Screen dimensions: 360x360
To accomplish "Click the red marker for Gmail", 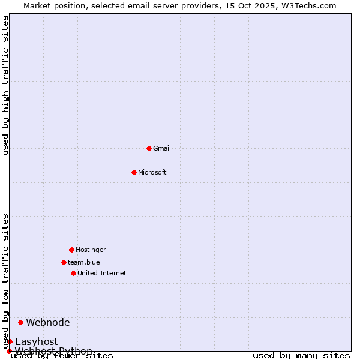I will tap(149, 148).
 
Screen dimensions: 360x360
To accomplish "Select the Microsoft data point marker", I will tap(134, 172).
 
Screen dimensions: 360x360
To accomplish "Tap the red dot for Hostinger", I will tap(71, 250).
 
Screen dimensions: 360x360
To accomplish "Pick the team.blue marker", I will tap(64, 262).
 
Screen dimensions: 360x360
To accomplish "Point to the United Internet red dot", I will tap(73, 273).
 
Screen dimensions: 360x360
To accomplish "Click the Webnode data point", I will tap(20, 322).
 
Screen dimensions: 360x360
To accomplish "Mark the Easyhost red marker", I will tap(10, 341).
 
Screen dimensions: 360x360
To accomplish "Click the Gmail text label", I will tap(162, 148).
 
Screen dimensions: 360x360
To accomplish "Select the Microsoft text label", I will tap(152, 172).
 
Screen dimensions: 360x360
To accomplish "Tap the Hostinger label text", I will tap(91, 250).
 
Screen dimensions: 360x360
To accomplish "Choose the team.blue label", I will tap(84, 262).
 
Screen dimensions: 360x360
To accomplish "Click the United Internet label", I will tap(102, 273).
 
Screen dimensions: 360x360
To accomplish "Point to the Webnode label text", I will tap(48, 322).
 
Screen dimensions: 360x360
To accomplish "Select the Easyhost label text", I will tap(37, 341).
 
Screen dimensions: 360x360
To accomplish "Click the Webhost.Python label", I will tap(54, 351).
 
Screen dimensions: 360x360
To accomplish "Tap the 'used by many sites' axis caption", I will tap(301, 356).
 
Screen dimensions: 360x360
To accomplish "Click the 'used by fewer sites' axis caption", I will tap(62, 356).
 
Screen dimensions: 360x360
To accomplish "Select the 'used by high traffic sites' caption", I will tap(6, 85).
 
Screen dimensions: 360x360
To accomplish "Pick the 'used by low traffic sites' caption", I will tap(6, 281).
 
